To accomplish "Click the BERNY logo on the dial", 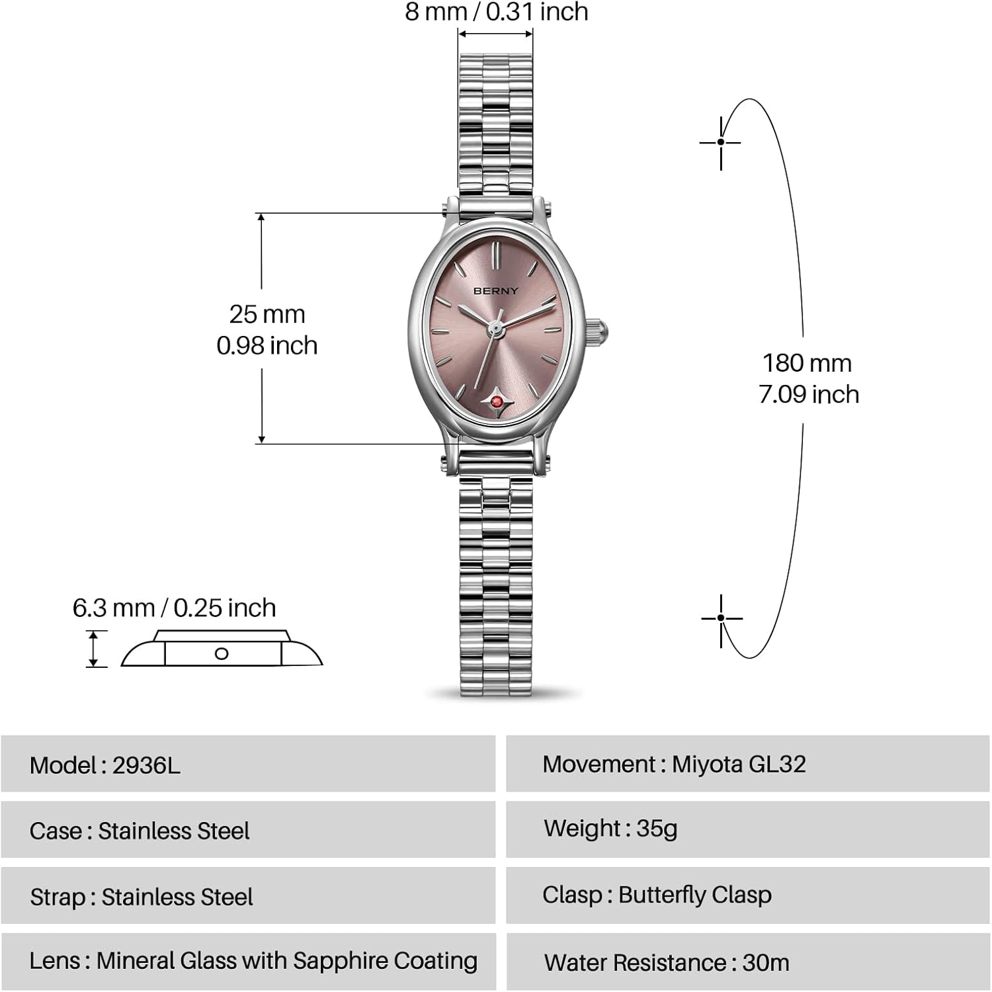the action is tap(496, 291).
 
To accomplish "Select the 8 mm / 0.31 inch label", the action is tap(497, 12).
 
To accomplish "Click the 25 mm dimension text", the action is tap(267, 314).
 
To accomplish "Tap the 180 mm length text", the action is tap(807, 363).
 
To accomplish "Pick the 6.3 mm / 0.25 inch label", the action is tap(174, 608).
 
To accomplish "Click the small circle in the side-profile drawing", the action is tap(222, 653).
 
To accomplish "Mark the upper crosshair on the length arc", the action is tap(720, 142).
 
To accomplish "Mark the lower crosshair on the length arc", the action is tap(720, 618).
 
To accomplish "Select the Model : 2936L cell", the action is tap(248, 764).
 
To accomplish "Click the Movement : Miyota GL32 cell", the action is tap(748, 764).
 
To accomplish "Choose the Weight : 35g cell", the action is tap(748, 829).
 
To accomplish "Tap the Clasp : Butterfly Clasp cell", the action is tap(748, 895).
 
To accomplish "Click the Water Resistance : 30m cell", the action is tap(748, 962).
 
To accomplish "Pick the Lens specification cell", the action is tap(248, 962).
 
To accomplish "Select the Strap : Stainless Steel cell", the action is tap(248, 895).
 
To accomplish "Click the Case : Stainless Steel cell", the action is tap(248, 829).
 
